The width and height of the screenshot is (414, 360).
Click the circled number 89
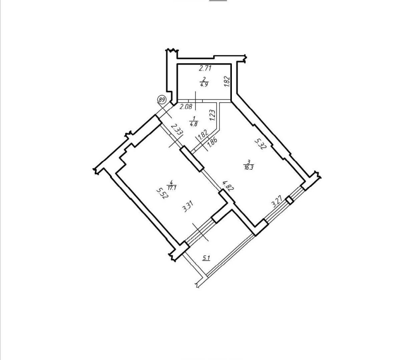point(161,100)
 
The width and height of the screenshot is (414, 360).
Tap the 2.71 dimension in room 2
point(205,69)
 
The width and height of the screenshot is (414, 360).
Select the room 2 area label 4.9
point(204,85)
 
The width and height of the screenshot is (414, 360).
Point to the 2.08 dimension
point(186,107)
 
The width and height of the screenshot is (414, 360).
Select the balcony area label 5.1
point(206,258)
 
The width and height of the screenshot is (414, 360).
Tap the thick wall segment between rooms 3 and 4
point(192,159)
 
